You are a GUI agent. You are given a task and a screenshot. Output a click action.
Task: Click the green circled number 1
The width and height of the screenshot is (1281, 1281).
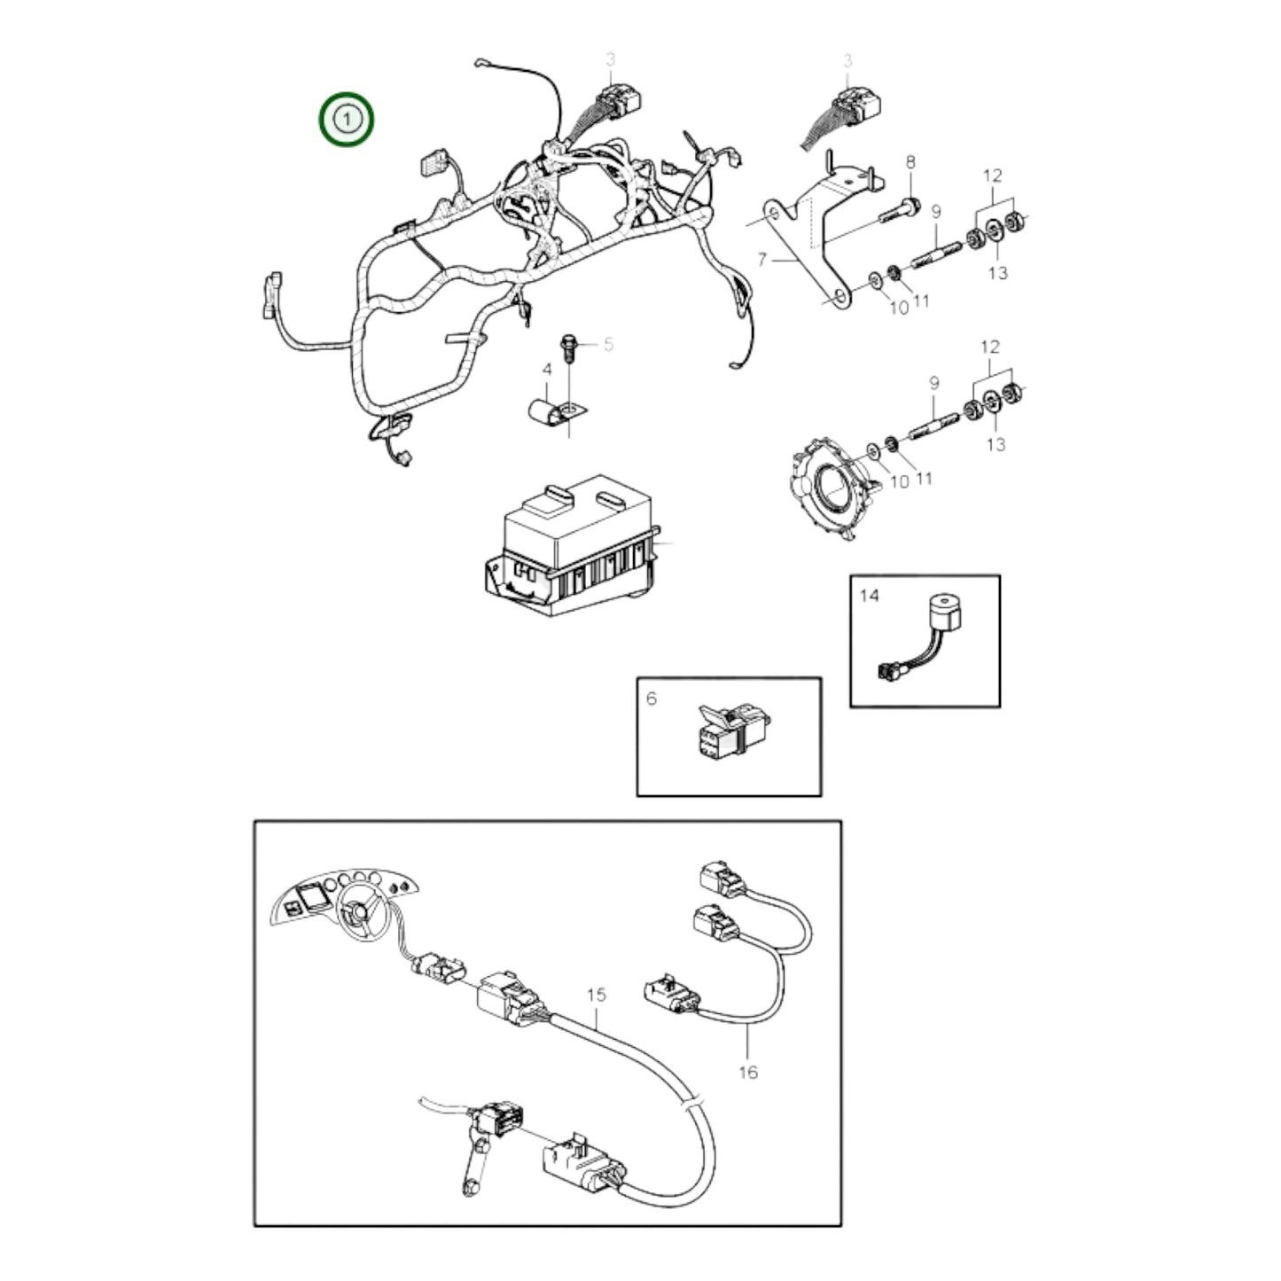(348, 118)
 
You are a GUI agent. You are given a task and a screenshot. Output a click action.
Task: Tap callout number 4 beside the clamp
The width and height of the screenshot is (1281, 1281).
(547, 369)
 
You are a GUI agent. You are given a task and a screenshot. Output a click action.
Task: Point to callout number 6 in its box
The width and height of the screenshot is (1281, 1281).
(652, 699)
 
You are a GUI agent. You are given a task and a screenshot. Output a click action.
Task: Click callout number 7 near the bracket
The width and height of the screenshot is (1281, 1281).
(761, 260)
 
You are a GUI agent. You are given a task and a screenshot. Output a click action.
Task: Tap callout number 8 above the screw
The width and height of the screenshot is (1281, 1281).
(910, 162)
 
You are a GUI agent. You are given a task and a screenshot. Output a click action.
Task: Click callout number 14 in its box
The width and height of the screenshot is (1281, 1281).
(869, 595)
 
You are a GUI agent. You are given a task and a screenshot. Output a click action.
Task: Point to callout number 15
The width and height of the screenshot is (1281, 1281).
(597, 995)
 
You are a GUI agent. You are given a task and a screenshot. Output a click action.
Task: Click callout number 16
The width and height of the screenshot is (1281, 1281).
(748, 1072)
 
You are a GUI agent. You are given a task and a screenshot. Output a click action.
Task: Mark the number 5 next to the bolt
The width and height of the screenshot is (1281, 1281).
(608, 344)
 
